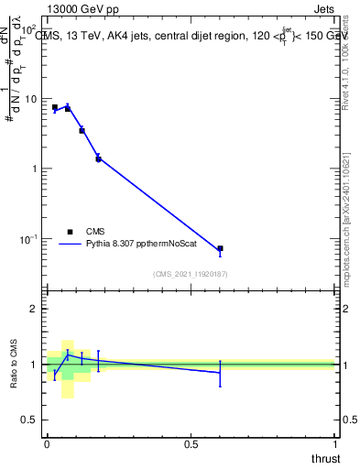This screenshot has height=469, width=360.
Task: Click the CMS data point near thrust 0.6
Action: [220, 248]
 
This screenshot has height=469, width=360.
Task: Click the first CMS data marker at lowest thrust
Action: [55, 107]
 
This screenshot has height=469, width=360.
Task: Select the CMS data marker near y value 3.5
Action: [82, 131]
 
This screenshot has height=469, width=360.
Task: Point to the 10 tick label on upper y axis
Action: [30, 99]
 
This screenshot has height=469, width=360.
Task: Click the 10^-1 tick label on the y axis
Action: [27, 239]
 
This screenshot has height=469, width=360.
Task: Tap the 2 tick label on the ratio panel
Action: [33, 309]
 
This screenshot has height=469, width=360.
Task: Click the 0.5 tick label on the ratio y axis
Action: [28, 420]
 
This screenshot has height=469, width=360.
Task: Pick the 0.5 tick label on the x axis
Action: [191, 444]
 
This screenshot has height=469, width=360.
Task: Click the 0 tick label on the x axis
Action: [47, 444]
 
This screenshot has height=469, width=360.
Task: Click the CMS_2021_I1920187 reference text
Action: [191, 273]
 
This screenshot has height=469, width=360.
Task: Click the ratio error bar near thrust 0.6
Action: [220, 372]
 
